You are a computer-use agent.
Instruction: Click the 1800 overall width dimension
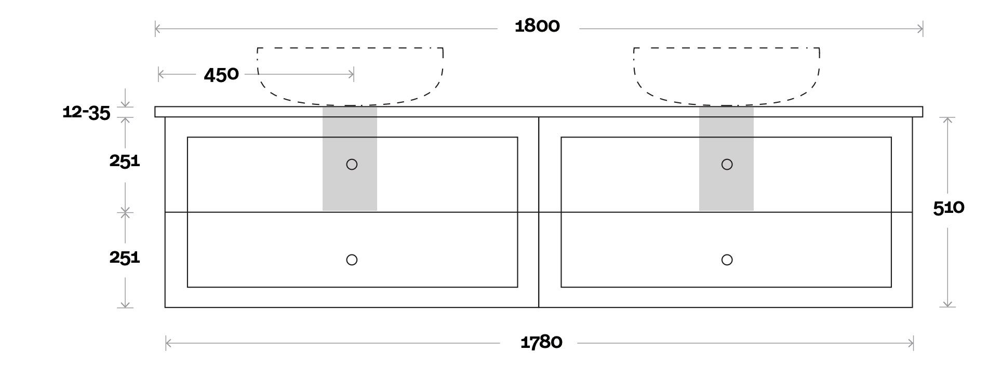point(537,26)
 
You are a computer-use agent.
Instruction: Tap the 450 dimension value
point(221,75)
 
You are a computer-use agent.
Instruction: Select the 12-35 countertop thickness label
point(86,112)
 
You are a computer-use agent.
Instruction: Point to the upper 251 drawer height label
point(125,161)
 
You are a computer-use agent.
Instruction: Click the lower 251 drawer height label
point(125,257)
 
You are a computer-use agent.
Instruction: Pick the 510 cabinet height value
point(949,208)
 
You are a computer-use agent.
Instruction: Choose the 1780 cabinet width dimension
point(541,342)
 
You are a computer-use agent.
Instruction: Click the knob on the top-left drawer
point(352,165)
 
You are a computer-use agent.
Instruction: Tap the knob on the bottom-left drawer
point(352,260)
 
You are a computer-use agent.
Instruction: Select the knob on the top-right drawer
point(727,165)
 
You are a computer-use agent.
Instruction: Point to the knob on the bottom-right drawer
point(727,260)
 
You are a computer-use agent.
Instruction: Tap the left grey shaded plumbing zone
point(350,187)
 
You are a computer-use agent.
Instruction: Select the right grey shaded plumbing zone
point(726,187)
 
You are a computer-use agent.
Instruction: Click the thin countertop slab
point(539,112)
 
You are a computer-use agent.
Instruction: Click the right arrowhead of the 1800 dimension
point(920,29)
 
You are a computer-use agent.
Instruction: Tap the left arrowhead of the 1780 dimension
point(168,343)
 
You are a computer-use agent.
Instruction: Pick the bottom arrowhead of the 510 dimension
point(949,304)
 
